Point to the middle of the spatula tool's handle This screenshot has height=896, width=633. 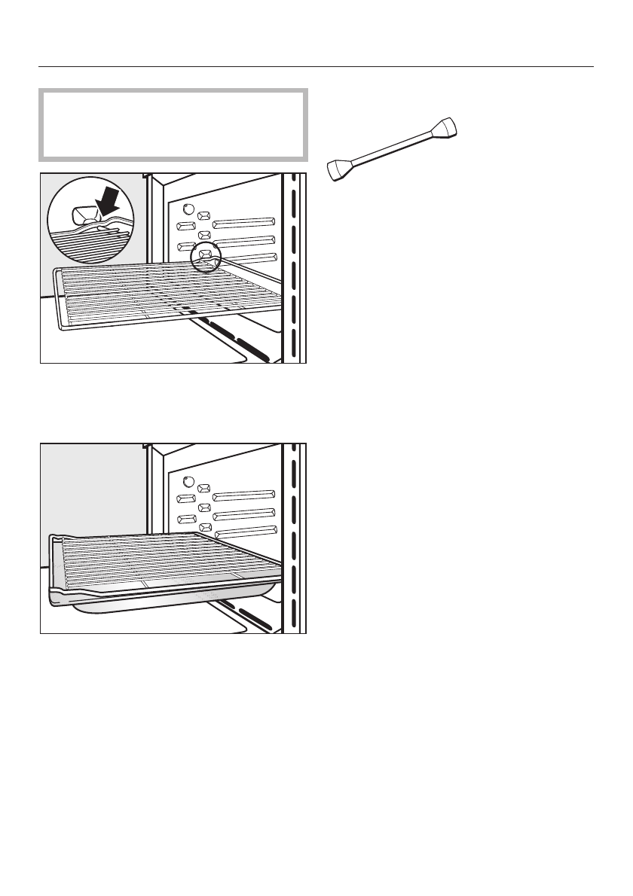tap(393, 148)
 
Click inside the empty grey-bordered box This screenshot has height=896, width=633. tap(173, 124)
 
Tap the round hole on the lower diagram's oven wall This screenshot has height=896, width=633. tap(188, 483)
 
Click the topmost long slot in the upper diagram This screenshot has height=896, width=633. tap(243, 222)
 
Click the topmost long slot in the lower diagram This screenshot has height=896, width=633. tap(243, 495)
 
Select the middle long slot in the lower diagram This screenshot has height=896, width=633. tap(243, 514)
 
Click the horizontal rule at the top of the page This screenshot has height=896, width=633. tap(316, 66)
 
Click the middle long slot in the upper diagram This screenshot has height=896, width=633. tap(243, 241)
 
